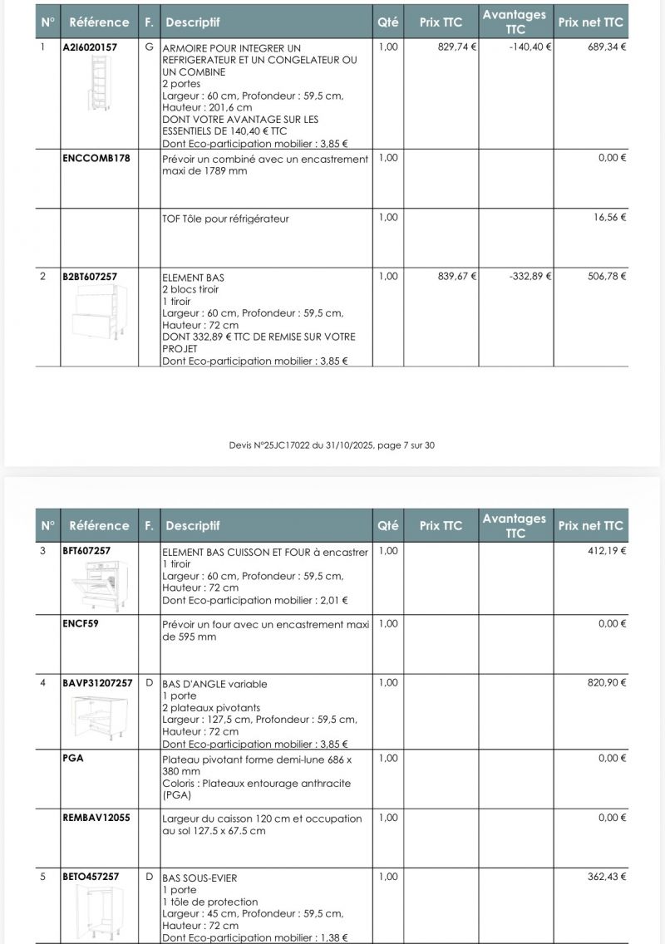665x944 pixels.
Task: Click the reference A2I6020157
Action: coord(90,47)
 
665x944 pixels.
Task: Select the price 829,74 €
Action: coord(456,47)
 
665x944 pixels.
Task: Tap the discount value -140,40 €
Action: coord(530,47)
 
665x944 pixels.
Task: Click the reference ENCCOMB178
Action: coord(96,158)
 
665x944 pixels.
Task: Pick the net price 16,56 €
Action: coord(611,218)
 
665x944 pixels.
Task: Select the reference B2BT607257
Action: coord(90,276)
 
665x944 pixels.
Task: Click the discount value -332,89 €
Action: coord(530,276)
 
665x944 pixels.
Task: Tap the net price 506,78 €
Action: coord(607,276)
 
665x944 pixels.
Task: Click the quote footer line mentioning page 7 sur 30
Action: coord(332,445)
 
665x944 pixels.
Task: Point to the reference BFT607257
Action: coord(86,550)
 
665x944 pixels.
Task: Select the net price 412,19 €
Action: coord(607,550)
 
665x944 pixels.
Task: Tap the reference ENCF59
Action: coord(81,623)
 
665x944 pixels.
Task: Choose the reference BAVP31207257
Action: coord(97,683)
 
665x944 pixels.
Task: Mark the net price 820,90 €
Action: coord(607,683)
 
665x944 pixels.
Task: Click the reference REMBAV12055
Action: coord(96,818)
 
